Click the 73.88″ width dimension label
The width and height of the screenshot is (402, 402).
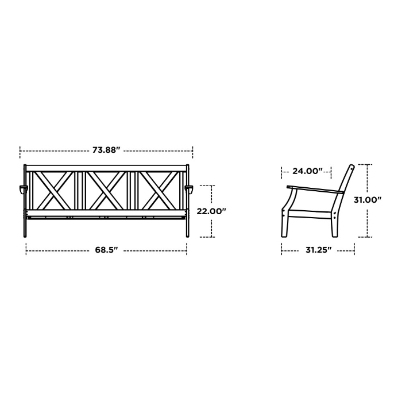tap(106, 150)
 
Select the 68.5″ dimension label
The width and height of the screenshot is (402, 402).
tap(106, 250)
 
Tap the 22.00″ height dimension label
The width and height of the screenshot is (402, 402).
tap(211, 211)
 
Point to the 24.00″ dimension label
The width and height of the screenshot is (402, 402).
tap(307, 171)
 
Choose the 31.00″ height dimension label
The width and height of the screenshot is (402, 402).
tap(368, 200)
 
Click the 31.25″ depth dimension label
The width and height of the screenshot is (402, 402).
tap(318, 250)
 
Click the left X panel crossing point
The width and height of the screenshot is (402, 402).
tap(54, 190)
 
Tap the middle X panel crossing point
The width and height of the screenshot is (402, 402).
tap(106, 190)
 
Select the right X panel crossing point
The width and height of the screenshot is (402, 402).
tap(159, 190)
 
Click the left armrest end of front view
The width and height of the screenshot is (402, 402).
tap(23, 190)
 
